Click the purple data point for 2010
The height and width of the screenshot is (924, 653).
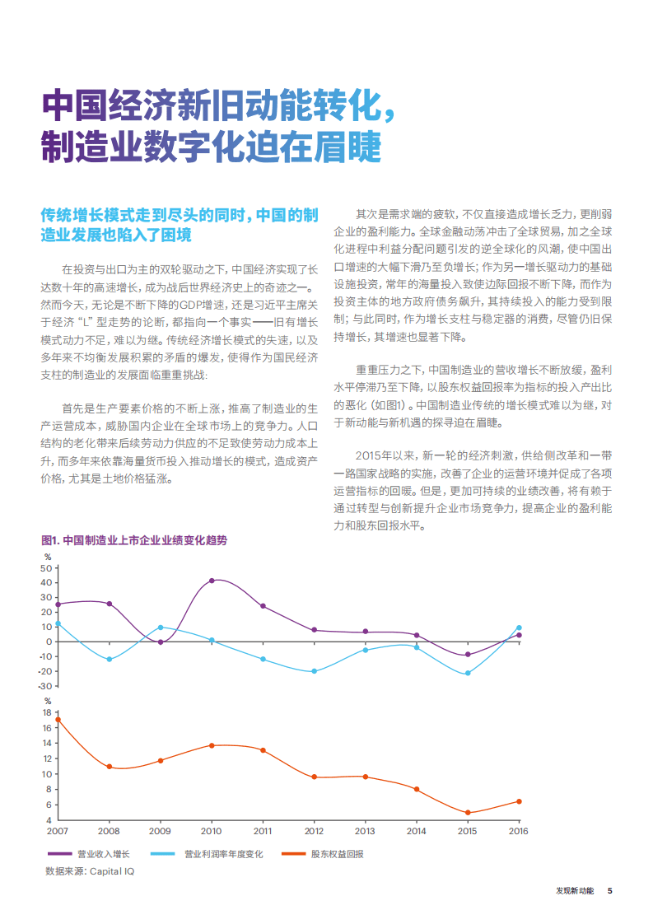click(x=212, y=581)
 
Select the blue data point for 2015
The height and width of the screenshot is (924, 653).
click(x=468, y=673)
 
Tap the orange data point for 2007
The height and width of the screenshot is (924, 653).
click(x=58, y=720)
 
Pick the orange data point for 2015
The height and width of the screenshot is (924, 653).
click(x=468, y=813)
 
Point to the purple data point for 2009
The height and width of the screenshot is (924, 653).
click(x=161, y=642)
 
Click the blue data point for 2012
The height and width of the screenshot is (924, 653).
click(x=315, y=671)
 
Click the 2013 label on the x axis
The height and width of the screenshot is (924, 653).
click(x=365, y=831)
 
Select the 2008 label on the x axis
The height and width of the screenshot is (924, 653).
click(x=109, y=831)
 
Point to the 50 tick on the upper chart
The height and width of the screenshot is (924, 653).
click(x=47, y=568)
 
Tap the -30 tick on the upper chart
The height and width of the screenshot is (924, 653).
click(x=45, y=686)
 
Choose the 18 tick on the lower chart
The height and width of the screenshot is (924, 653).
click(x=47, y=712)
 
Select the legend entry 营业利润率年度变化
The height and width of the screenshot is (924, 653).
click(x=223, y=854)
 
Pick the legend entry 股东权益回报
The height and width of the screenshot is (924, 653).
click(x=337, y=854)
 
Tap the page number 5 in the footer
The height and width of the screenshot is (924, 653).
click(x=609, y=890)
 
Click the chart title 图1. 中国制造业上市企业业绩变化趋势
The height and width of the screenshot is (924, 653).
click(x=133, y=540)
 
